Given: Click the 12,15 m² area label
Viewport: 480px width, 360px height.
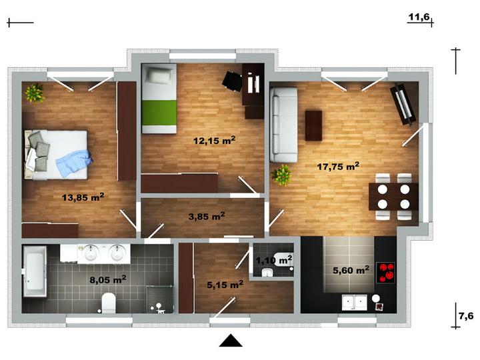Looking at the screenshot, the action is coord(214,141).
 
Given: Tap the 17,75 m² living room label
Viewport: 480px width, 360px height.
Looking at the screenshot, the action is coord(338,166).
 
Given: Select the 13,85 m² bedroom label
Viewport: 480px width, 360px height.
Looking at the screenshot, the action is coord(83,197).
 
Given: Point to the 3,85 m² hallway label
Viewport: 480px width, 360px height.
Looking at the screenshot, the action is coord(207,216).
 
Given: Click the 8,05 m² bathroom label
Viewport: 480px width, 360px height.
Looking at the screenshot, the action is coord(108,279).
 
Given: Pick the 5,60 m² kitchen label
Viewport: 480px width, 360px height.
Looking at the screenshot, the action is coord(351,270).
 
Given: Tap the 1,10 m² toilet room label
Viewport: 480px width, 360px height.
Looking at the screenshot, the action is coord(274,260).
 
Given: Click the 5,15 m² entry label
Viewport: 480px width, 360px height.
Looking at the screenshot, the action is coord(225,285).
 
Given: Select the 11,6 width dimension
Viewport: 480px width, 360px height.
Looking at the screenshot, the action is coord(419,17).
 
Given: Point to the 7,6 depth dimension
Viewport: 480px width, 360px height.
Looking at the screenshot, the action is coord(466,315).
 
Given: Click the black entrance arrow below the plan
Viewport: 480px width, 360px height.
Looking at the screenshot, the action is coord(231,341).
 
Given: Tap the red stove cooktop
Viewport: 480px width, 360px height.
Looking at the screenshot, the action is coord(385,273).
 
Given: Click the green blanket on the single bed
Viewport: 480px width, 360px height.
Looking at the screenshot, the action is coord(159,113).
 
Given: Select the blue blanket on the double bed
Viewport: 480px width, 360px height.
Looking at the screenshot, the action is coord(74,163).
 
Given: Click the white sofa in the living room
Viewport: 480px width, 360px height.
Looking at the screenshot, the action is coord(283,125).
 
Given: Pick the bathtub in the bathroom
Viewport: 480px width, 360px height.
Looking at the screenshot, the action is coord(35,271).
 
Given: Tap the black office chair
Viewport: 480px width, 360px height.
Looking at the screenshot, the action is coord(232,81).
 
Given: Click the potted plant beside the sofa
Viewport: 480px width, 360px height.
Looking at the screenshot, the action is coord(281,175).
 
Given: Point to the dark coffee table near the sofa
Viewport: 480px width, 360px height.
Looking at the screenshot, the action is coord(313,125).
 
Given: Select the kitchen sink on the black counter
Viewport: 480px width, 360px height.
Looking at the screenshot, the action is coord(355,302).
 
